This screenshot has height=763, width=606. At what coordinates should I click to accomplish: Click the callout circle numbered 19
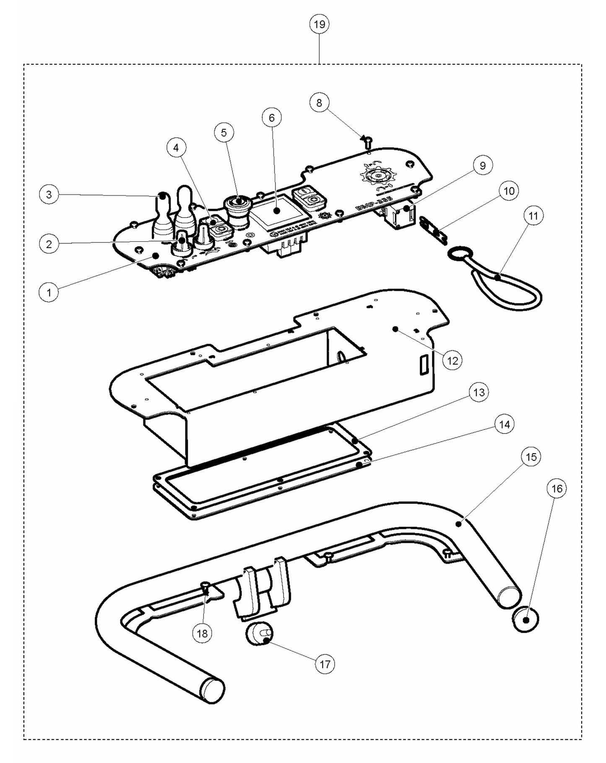(320, 24)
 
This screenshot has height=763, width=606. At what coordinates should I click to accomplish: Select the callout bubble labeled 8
(320, 103)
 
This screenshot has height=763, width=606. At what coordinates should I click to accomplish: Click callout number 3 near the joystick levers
(49, 195)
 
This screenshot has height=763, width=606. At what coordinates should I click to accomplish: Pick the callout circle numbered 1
(49, 292)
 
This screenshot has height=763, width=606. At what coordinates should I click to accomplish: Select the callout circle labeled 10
(509, 191)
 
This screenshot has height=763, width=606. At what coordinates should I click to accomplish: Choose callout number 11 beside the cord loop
(533, 215)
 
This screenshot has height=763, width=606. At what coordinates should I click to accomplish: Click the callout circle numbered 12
(453, 360)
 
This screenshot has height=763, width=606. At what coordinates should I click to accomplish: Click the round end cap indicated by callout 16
(526, 619)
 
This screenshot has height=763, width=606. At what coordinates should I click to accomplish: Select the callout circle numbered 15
(531, 457)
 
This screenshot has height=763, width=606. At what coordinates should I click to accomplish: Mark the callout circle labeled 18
(202, 633)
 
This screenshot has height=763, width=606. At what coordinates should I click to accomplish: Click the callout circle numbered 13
(479, 392)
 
